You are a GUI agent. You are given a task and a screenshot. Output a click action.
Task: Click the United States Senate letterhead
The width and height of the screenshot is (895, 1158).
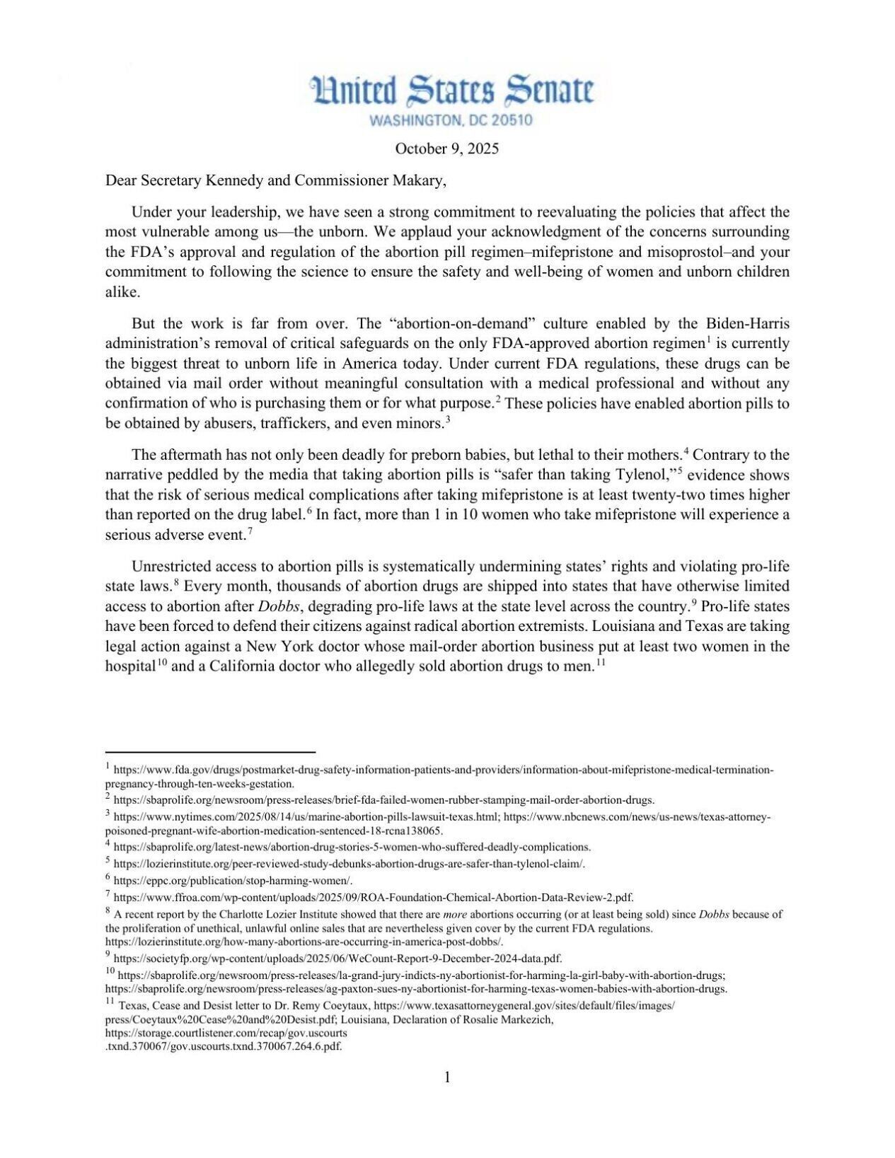coord(452,91)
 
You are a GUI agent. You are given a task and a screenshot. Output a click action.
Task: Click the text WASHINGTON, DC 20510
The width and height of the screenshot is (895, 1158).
coord(451,120)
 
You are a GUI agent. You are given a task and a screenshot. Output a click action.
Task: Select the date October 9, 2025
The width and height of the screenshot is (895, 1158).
coord(446,149)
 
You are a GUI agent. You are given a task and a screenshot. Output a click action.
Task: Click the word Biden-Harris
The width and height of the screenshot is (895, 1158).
coord(747,324)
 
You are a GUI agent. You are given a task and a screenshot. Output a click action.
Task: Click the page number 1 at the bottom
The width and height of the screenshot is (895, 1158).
coord(447,1077)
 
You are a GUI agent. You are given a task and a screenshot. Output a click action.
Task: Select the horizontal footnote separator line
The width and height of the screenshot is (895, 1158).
coord(210,753)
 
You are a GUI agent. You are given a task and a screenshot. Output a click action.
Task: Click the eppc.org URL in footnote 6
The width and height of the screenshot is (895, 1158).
coord(233,881)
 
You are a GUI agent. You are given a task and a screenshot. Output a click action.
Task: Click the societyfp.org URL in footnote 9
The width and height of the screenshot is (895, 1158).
coord(337,959)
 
